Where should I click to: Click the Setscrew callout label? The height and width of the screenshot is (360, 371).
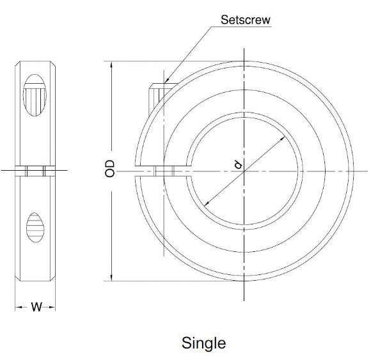click(x=245, y=20)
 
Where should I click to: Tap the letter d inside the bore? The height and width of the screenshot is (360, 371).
click(x=237, y=166)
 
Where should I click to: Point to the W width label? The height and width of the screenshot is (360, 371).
click(x=36, y=308)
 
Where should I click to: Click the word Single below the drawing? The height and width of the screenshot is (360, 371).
click(x=203, y=343)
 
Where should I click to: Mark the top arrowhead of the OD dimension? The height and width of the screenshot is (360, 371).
click(x=113, y=64)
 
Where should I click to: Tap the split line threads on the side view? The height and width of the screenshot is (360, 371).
click(x=35, y=171)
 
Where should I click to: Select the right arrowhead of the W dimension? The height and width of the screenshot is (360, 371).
click(x=54, y=308)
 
